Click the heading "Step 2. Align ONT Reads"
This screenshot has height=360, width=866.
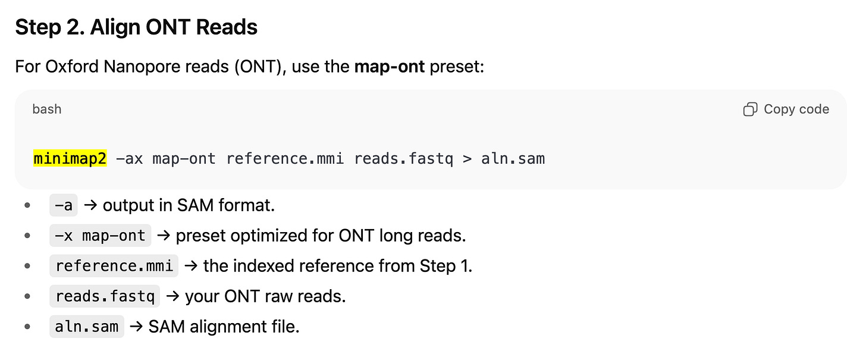coord(136,27)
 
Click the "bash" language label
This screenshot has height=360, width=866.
coord(46,109)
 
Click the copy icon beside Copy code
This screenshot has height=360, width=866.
coord(750,109)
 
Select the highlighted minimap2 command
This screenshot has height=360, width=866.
coord(70,159)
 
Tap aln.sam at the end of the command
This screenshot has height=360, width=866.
coord(513,159)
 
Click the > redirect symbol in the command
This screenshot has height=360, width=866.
coord(467,159)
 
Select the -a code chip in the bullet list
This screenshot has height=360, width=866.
coord(63,205)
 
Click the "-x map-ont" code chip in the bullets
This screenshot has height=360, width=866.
coord(100,236)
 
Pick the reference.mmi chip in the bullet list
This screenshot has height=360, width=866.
coord(114,265)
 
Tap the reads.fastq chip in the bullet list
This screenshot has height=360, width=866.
coord(105,296)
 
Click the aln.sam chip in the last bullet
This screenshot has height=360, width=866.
coord(86,326)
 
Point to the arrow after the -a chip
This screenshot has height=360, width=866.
coord(90,205)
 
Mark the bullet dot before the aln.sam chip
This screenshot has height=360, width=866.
coord(27,326)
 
